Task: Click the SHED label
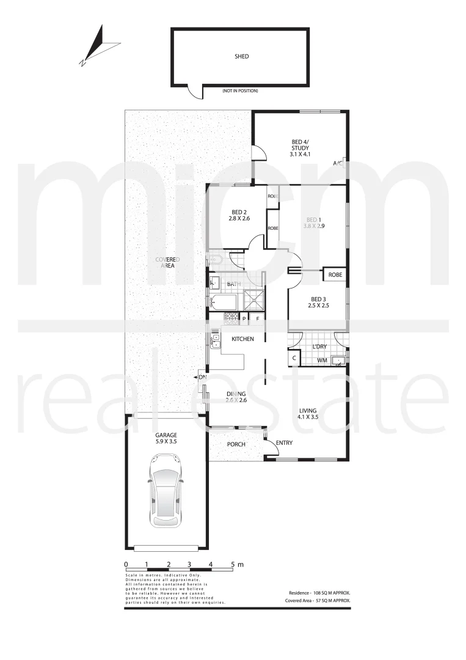click(x=242, y=56)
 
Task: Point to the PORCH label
click(x=236, y=444)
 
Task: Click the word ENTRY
click(x=284, y=443)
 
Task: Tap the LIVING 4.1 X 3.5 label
click(x=308, y=414)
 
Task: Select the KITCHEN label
click(x=242, y=339)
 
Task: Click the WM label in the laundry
click(x=321, y=361)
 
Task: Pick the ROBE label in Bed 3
click(x=335, y=276)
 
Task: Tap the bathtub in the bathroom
click(x=224, y=302)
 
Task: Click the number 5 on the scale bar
click(x=232, y=565)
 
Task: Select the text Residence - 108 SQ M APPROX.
click(x=319, y=593)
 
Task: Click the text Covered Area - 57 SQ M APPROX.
click(x=318, y=601)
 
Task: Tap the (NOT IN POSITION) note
click(x=240, y=91)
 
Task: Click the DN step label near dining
click(x=203, y=378)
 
